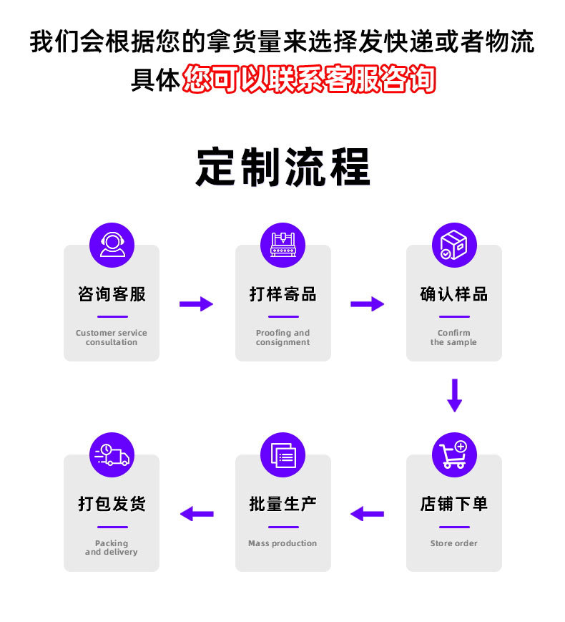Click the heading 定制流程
pyautogui.click(x=282, y=167)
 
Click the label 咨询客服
pyautogui.click(x=112, y=294)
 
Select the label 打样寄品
pyautogui.click(x=282, y=294)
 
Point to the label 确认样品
pyautogui.click(x=453, y=294)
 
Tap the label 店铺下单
pyautogui.click(x=453, y=504)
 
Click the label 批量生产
pyautogui.click(x=282, y=504)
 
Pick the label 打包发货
pyautogui.click(x=112, y=504)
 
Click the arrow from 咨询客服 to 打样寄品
pyautogui.click(x=196, y=303)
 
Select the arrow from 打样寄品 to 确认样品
pyautogui.click(x=367, y=303)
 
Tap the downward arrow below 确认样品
pyautogui.click(x=454, y=395)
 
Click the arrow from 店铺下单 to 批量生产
pyautogui.click(x=367, y=513)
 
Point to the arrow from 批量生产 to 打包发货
pyautogui.click(x=197, y=513)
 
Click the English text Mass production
pyautogui.click(x=282, y=543)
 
